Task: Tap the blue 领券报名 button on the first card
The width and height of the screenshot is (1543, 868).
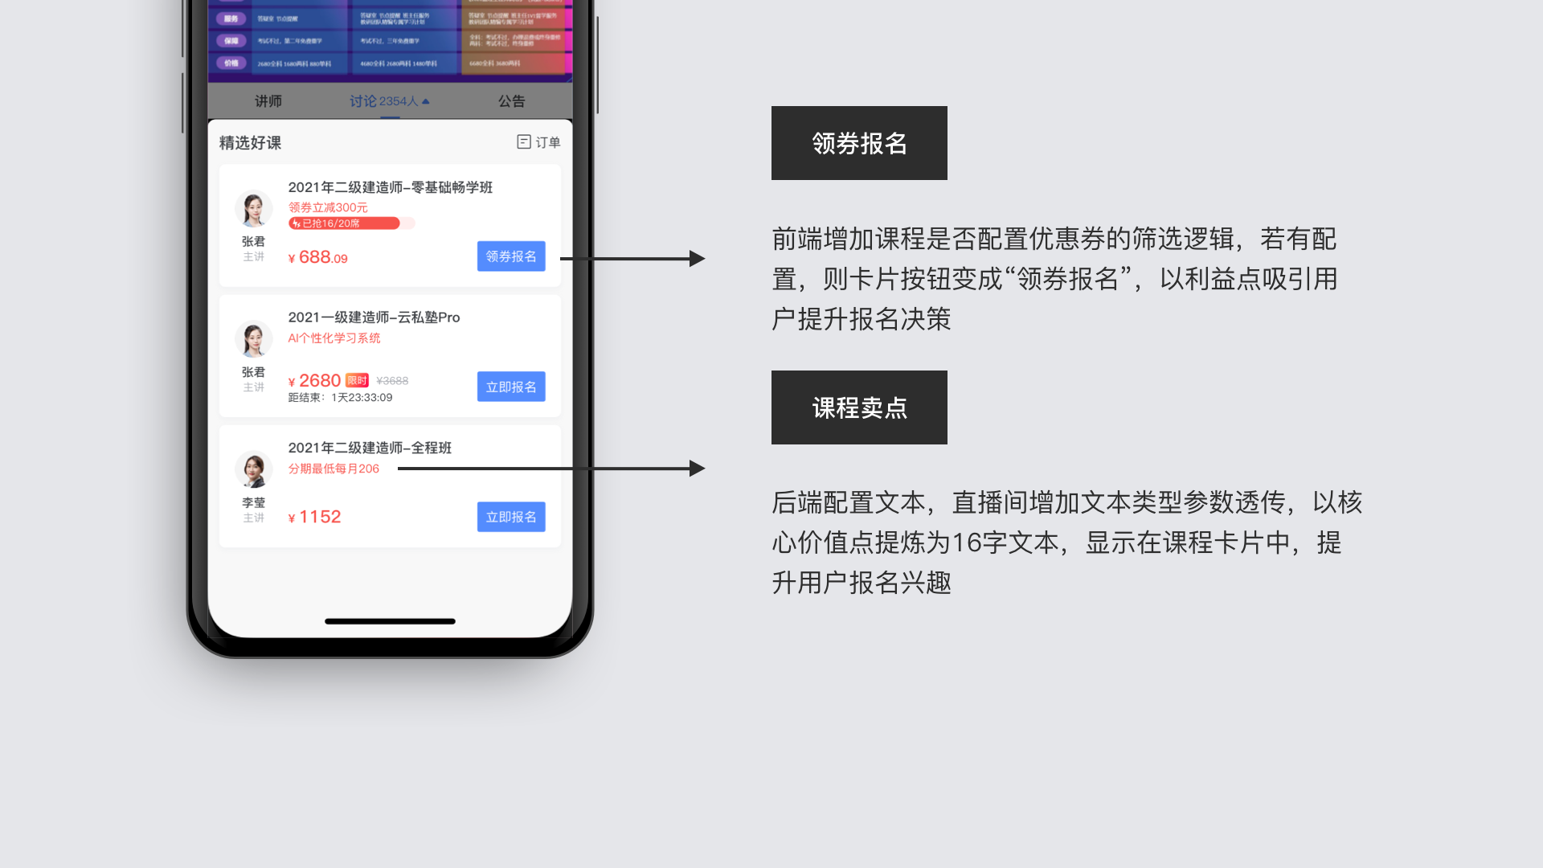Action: [511, 256]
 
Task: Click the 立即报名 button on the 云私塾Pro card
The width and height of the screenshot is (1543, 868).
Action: [511, 387]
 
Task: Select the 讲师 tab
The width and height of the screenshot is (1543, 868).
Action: [268, 101]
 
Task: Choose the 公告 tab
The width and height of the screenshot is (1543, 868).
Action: [511, 101]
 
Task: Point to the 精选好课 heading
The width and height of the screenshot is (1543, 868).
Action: [250, 143]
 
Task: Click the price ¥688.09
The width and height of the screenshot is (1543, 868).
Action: [318, 258]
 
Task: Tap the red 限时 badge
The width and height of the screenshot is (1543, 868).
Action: [357, 380]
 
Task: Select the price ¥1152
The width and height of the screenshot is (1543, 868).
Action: [315, 518]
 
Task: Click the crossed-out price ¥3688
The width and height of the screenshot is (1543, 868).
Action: [392, 381]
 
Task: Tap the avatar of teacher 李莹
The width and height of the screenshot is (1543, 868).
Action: [254, 469]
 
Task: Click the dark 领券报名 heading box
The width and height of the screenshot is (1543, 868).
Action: [859, 143]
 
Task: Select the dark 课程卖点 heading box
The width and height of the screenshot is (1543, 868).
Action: [859, 407]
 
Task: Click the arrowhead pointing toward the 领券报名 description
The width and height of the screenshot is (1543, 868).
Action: [697, 259]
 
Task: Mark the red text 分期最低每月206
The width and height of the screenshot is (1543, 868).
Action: [334, 469]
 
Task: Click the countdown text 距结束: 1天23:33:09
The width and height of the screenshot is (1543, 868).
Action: [340, 398]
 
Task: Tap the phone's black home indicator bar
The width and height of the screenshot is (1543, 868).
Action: [390, 621]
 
